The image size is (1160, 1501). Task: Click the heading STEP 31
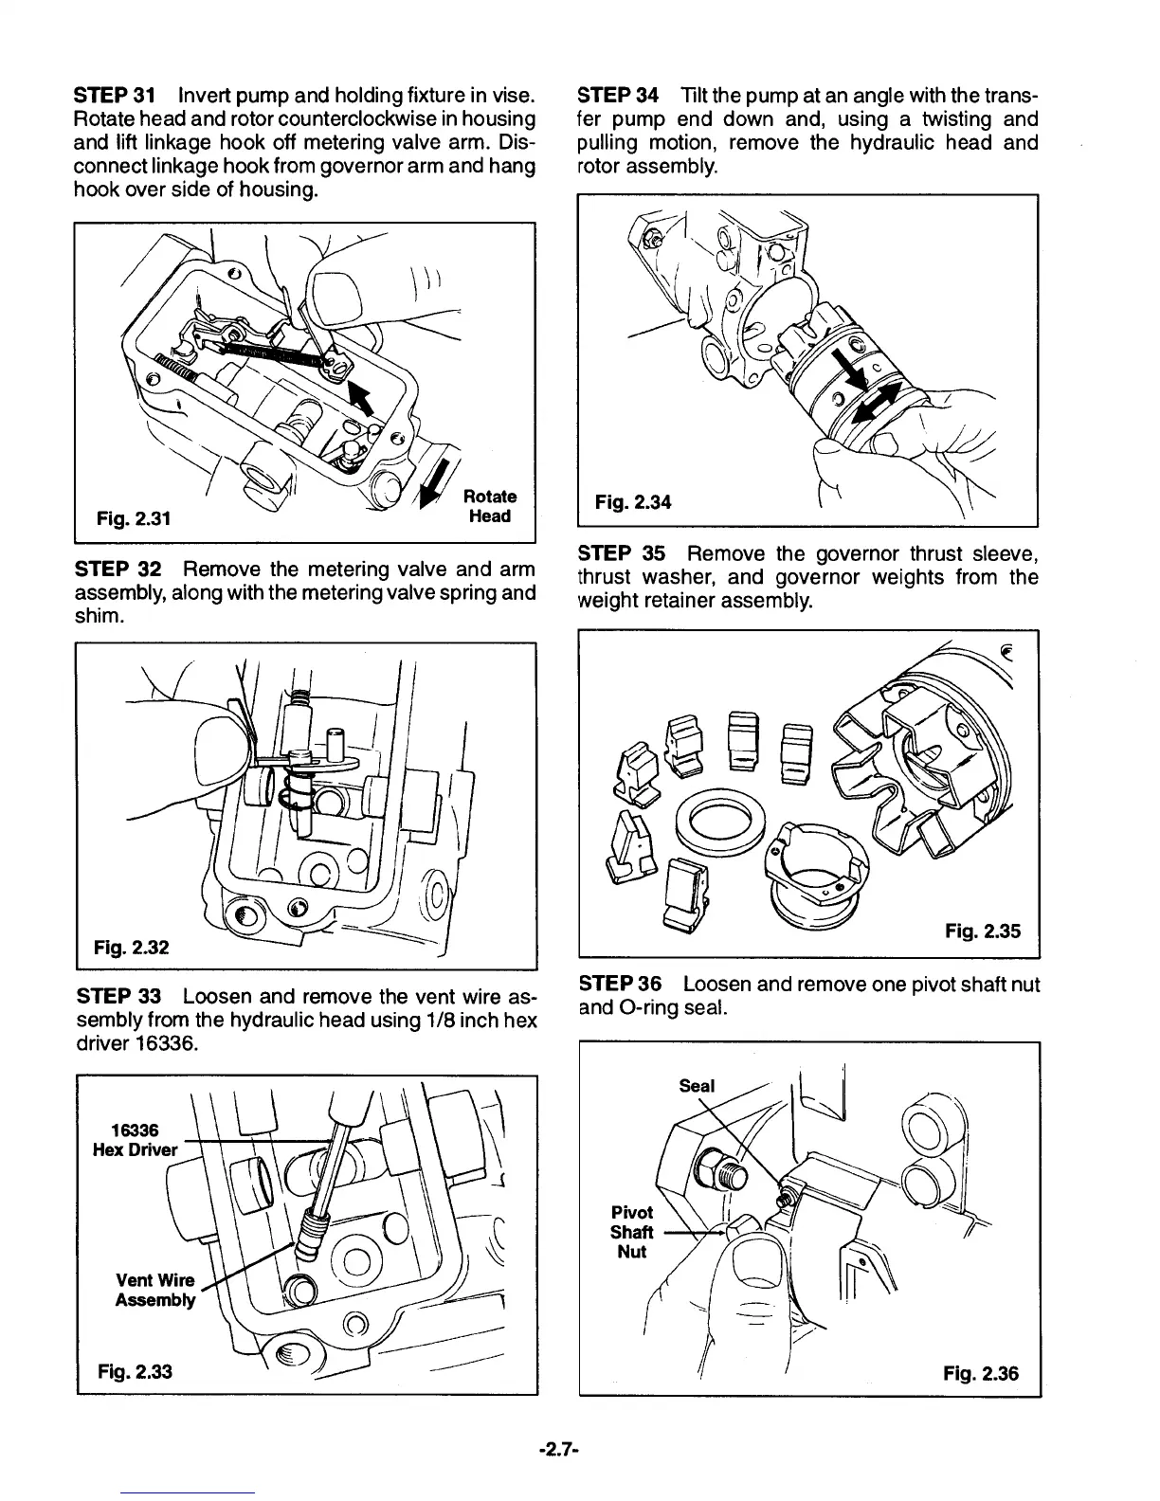point(114,96)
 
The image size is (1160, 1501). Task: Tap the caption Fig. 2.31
point(134,518)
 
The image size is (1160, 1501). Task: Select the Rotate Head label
point(489,506)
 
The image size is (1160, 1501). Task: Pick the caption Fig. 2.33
point(135,1370)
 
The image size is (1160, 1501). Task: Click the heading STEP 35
point(621,553)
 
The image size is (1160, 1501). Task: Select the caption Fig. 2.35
point(983,931)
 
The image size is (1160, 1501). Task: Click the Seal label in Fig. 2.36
point(697,1086)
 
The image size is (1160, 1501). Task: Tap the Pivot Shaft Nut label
point(631,1232)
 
